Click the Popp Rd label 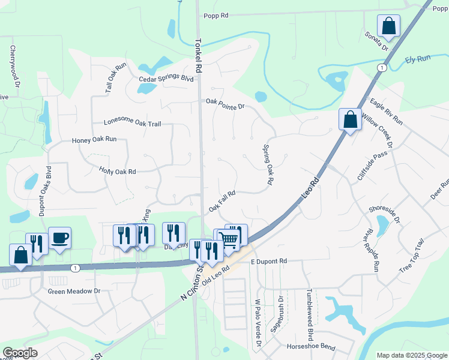217,16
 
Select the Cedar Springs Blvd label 166,79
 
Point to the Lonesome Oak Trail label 132,124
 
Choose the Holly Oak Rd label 118,171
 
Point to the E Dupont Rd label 270,262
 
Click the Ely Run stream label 418,59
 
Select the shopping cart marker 229,239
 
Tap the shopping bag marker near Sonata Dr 388,26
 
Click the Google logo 20,353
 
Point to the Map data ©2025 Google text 411,355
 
